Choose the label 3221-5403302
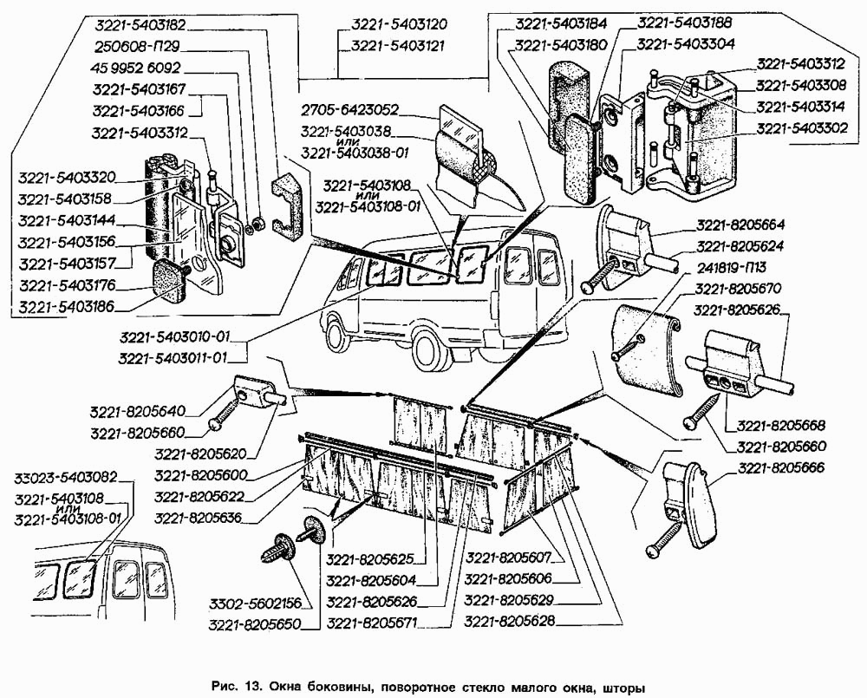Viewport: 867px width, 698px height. [x=803, y=127]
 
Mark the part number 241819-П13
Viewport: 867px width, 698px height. [x=730, y=265]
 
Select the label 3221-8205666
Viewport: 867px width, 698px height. [x=783, y=468]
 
